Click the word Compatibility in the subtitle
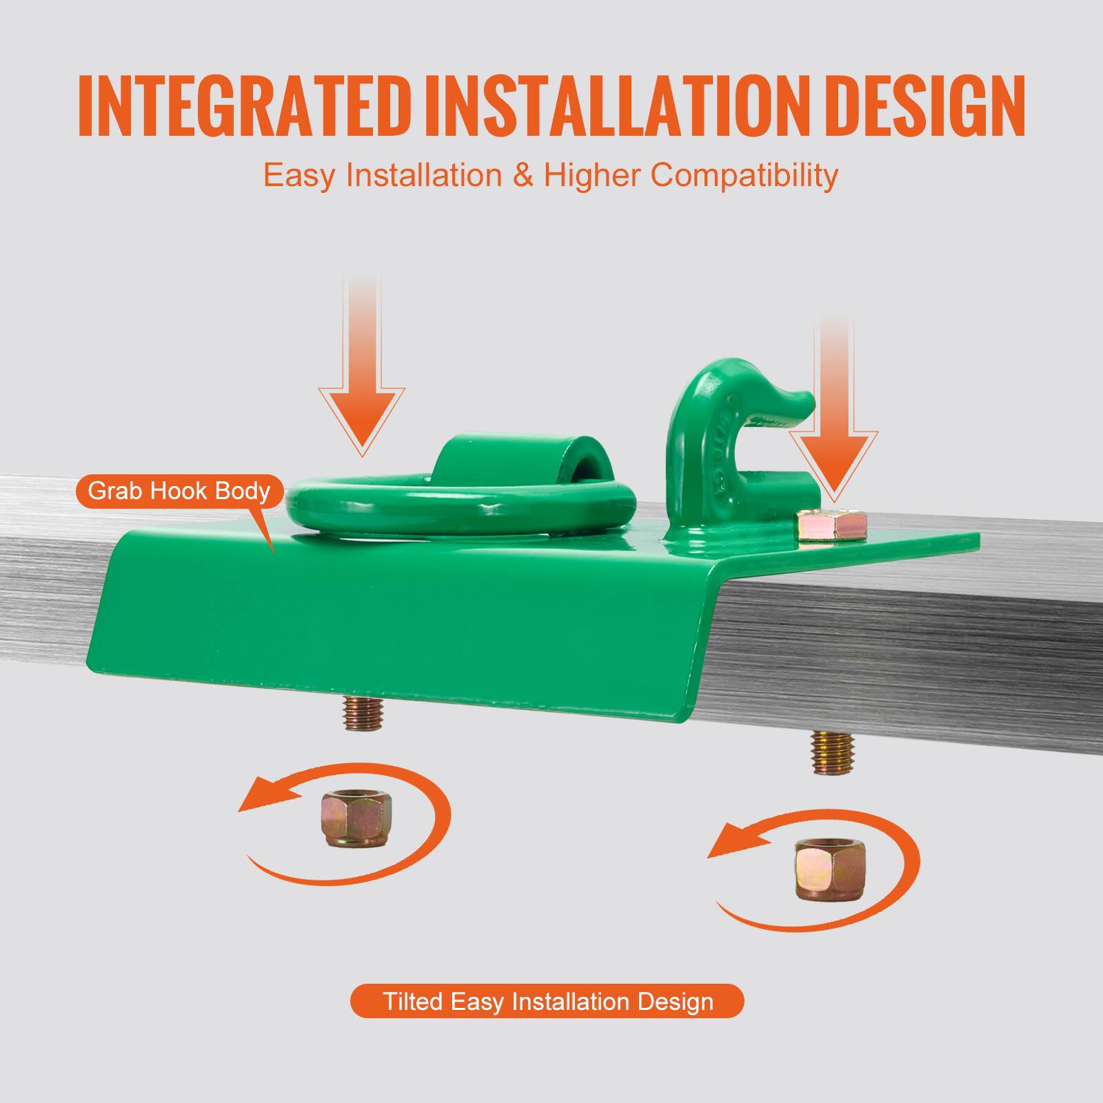pyautogui.click(x=745, y=176)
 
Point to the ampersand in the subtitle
pyautogui.click(x=523, y=175)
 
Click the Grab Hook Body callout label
pyautogui.click(x=179, y=491)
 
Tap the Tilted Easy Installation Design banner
pyautogui.click(x=547, y=1001)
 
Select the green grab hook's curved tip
pyautogui.click(x=793, y=407)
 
